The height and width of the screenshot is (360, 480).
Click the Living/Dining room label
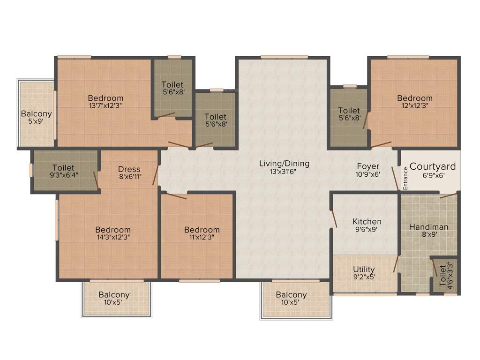tap(284, 164)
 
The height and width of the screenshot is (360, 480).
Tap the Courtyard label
tap(433, 166)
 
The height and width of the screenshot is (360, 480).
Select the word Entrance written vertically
tap(406, 179)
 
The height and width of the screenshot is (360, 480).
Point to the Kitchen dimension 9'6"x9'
tap(367, 230)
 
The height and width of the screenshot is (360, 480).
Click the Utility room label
tap(364, 269)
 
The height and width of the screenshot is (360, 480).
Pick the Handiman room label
tap(428, 227)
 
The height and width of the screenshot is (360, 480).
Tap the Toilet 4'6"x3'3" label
tap(443, 277)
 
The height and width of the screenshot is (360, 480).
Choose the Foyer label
tap(368, 166)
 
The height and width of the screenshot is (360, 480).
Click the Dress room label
tap(129, 169)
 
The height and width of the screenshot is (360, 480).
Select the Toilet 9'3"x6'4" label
tap(63, 167)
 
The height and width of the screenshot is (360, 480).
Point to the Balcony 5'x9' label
tap(36, 114)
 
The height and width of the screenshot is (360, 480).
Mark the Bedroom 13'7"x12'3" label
tap(105, 98)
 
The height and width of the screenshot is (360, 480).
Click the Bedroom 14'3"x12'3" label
tap(112, 230)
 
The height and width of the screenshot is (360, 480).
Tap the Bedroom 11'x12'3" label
tap(202, 230)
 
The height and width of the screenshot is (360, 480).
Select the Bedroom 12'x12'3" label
tap(414, 98)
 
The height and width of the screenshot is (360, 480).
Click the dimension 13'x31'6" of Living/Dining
tap(284, 172)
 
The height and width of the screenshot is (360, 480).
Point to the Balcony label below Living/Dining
tap(291, 295)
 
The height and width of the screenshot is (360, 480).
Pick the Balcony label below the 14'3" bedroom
tap(114, 295)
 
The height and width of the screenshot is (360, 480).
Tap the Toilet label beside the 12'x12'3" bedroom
tap(349, 111)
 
